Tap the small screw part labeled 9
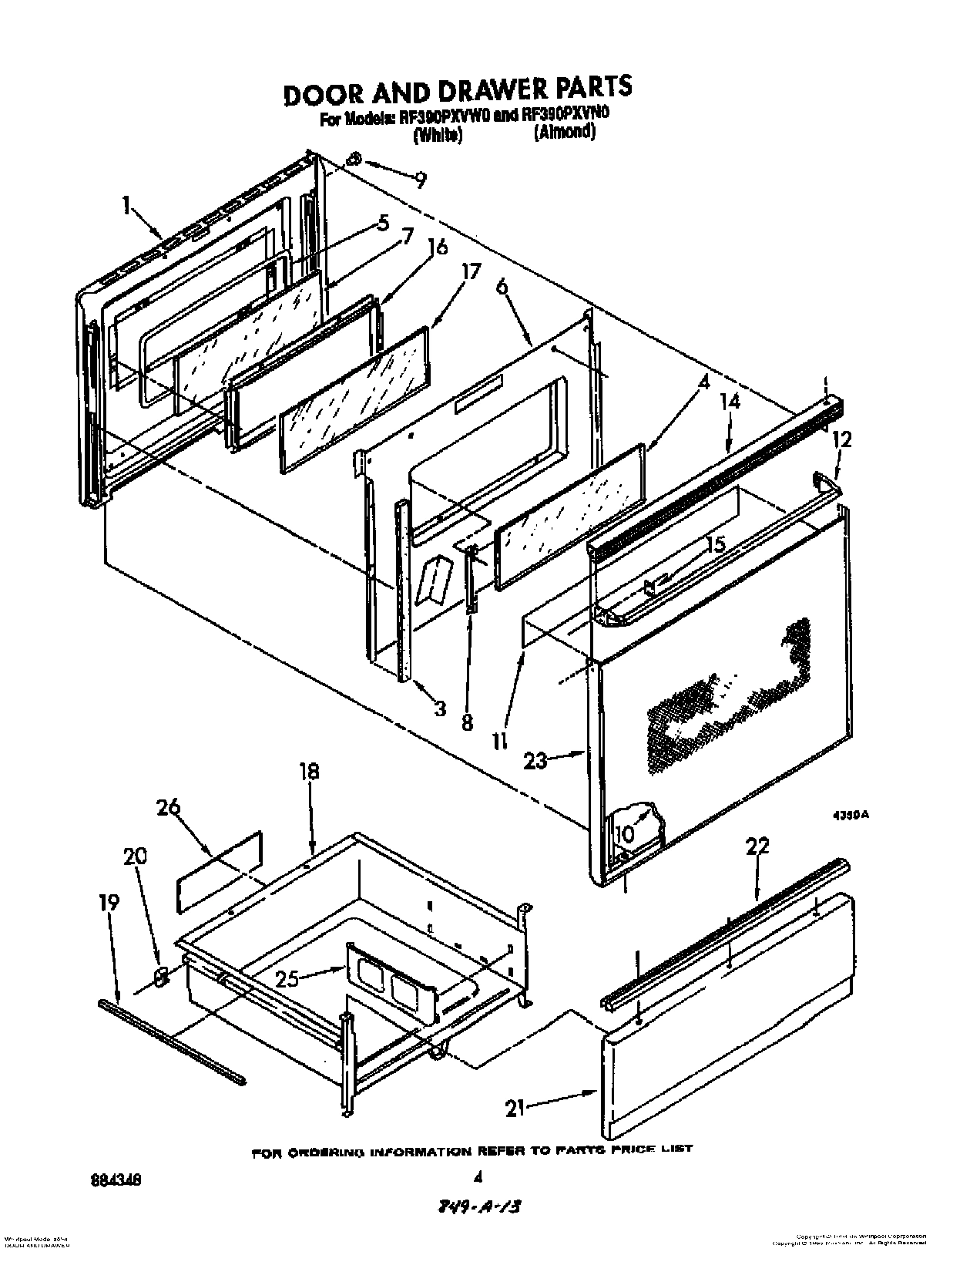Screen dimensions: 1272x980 pos(354,160)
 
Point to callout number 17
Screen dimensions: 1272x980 pos(471,272)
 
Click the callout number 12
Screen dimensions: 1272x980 pos(843,439)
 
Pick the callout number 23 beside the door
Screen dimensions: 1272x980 pos(535,760)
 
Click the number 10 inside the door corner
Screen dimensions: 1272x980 pos(624,833)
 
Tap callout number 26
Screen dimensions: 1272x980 pos(169,808)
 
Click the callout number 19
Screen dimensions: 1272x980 pos(110,903)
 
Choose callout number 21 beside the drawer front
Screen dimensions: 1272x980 pos(515,1109)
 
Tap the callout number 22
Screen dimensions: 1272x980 pos(757,846)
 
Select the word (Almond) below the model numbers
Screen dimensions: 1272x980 pos(565,132)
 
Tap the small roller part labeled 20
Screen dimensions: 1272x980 pos(161,977)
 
